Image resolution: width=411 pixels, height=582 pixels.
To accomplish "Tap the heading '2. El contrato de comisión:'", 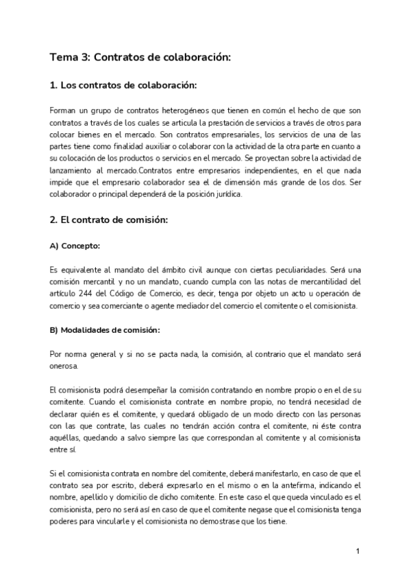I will point(109,223).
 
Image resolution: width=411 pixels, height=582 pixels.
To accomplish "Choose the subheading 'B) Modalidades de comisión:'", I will point(105,329).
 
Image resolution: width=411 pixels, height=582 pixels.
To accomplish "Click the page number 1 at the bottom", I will point(358,552).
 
